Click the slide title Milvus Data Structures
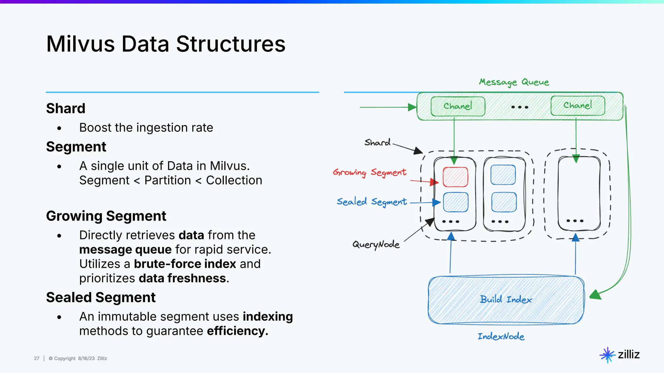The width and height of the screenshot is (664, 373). (166, 44)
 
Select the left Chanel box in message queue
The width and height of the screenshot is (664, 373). (458, 106)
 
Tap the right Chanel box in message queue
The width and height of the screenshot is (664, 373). (578, 106)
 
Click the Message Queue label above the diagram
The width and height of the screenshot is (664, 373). (514, 82)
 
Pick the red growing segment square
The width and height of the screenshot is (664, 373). (456, 177)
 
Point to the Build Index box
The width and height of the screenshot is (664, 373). (506, 300)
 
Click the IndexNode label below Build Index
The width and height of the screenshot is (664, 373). (501, 336)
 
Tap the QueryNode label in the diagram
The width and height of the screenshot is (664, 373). (376, 244)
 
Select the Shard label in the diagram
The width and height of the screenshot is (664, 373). (377, 142)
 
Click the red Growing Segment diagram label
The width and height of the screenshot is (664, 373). (370, 173)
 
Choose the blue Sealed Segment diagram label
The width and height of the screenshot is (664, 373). (372, 202)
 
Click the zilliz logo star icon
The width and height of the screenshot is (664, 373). (607, 355)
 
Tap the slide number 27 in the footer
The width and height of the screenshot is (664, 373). (37, 358)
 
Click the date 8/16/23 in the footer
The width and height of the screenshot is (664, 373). (86, 358)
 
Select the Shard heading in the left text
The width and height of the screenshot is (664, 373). (65, 108)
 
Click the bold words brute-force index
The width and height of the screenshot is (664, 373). (185, 264)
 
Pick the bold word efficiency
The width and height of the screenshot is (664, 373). (237, 331)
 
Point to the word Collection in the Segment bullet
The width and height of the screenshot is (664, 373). (234, 180)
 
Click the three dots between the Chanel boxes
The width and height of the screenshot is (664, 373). (520, 107)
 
